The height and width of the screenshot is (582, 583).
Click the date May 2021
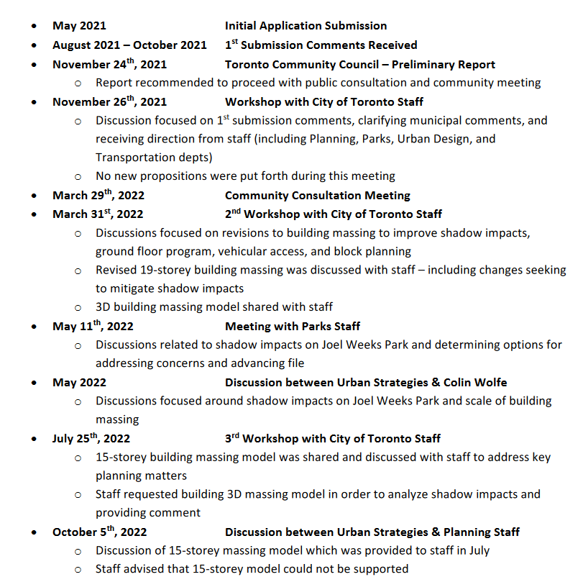[79, 26]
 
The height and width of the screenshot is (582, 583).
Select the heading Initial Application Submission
[306, 26]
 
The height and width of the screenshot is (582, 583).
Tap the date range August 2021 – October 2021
[129, 45]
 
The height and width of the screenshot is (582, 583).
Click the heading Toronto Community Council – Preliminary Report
[359, 64]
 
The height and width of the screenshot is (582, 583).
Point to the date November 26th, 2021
[109, 101]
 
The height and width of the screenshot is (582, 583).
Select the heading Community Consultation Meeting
[317, 195]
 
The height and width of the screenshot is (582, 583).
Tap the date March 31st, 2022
[98, 214]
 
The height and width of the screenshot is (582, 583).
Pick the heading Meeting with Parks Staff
[293, 327]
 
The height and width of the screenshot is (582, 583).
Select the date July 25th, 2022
[91, 438]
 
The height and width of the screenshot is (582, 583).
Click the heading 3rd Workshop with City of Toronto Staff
[332, 438]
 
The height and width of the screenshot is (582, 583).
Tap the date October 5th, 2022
[99, 532]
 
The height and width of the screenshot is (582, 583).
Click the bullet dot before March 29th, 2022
[34, 196]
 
